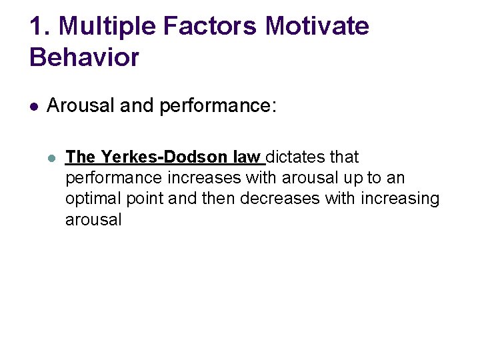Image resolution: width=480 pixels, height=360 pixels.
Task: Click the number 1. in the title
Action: [39, 26]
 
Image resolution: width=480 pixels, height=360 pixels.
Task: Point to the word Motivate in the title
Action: [317, 26]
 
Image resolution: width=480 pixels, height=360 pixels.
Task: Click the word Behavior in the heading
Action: [84, 57]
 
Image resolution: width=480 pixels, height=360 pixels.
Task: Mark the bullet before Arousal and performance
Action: [34, 105]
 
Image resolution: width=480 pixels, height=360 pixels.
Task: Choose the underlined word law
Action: [247, 157]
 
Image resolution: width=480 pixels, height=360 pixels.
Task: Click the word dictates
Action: [295, 157]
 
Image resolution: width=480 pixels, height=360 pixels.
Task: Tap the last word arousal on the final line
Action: [93, 219]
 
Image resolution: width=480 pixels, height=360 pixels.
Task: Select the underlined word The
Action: [81, 157]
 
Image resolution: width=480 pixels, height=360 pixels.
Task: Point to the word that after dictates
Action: [343, 157]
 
